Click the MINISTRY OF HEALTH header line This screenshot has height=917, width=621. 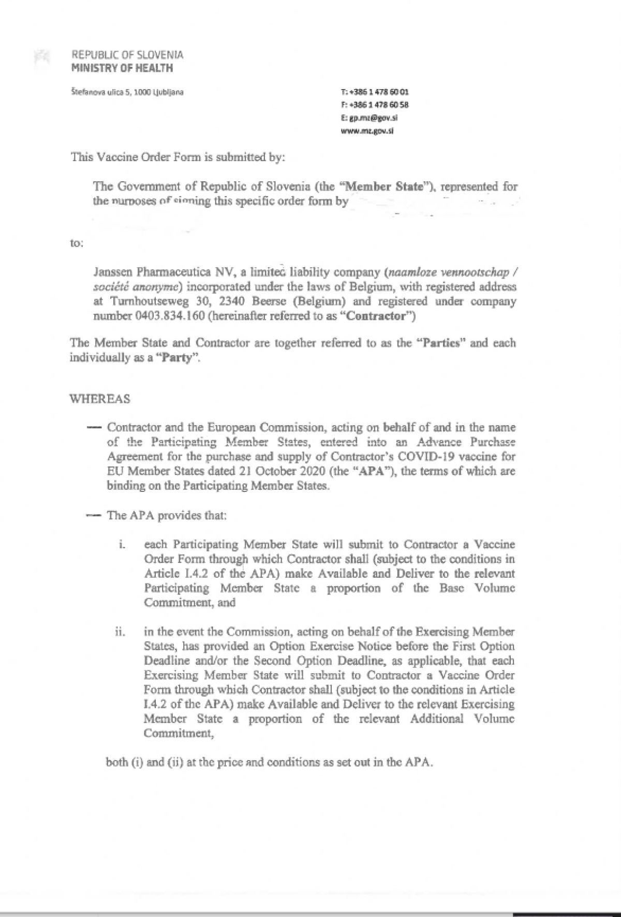click(122, 68)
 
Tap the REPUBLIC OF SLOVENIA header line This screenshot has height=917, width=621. click(127, 55)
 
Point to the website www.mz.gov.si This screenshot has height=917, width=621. click(367, 131)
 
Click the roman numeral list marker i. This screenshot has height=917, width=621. click(121, 545)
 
